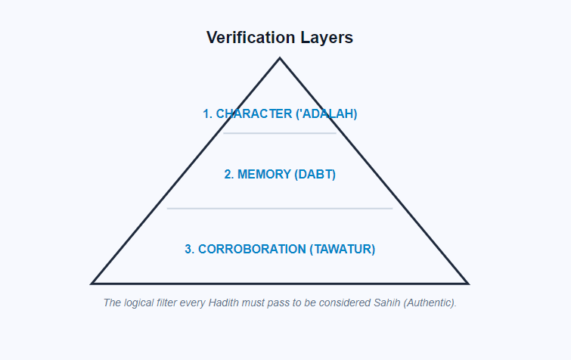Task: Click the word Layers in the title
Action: tap(327, 38)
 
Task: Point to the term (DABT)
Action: tap(315, 175)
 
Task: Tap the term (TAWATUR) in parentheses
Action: tap(343, 249)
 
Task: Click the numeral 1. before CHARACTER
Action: tap(207, 114)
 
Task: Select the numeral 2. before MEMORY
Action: tap(229, 175)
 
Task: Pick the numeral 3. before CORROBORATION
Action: tap(190, 249)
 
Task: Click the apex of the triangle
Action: tap(280, 58)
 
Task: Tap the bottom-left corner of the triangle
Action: tap(92, 284)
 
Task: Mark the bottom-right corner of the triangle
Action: tap(467, 284)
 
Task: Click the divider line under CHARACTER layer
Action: tap(280, 133)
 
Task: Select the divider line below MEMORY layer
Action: tap(280, 208)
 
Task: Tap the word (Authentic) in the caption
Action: tap(430, 303)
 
